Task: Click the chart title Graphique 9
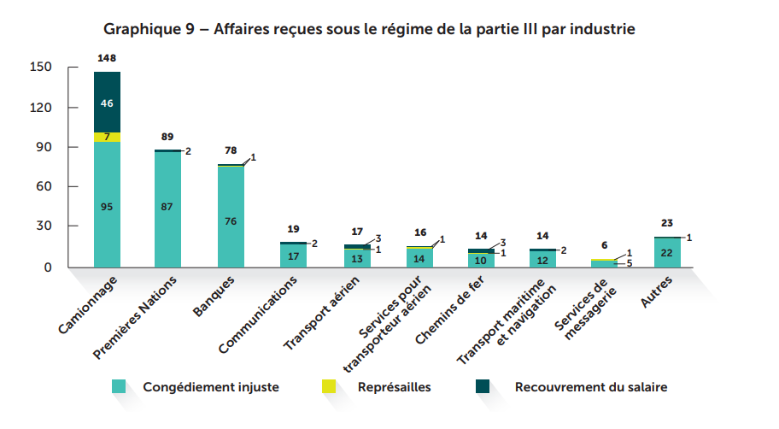(x=369, y=29)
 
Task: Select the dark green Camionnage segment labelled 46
(x=107, y=103)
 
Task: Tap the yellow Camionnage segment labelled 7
(x=107, y=137)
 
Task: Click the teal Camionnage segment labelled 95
(x=107, y=205)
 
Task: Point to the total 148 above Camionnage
(x=107, y=58)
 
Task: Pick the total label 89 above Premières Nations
(x=167, y=137)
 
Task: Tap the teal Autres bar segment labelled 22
(x=667, y=253)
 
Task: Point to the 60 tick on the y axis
(x=45, y=186)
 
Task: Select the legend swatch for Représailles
(x=330, y=387)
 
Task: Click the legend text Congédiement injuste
(x=210, y=387)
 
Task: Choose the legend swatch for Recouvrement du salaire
(x=483, y=387)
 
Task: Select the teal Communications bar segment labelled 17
(x=293, y=256)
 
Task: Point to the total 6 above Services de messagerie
(x=604, y=245)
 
